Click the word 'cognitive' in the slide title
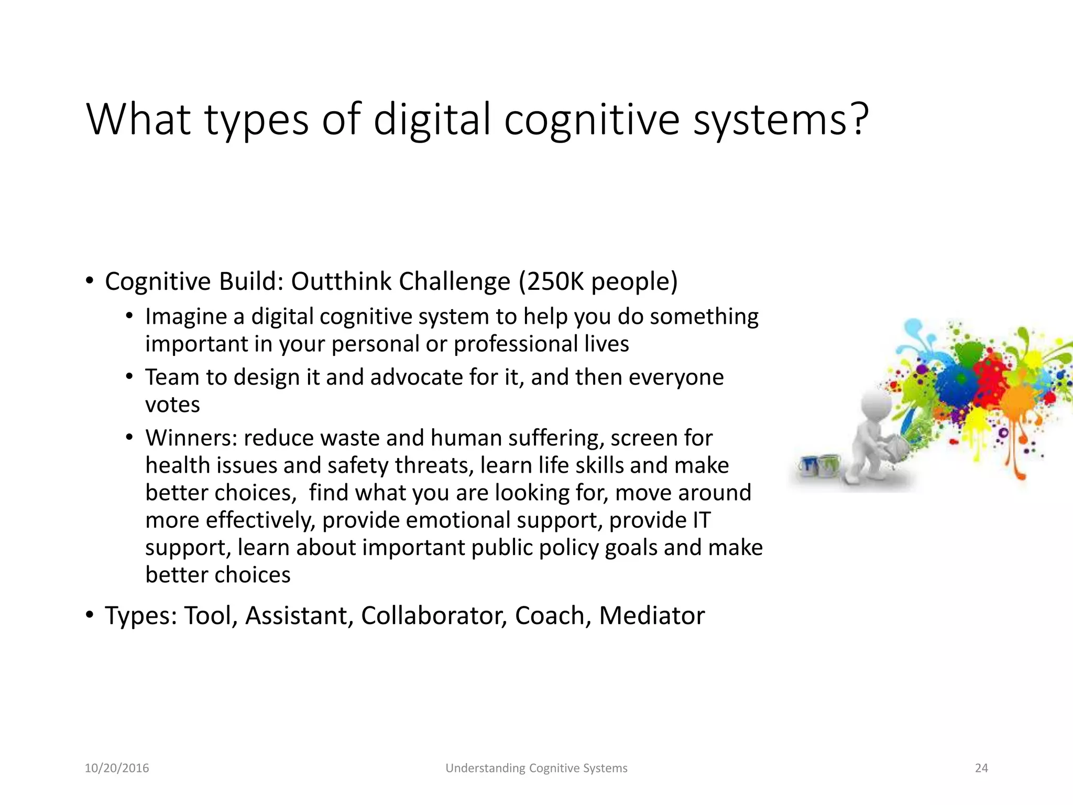pyautogui.click(x=592, y=121)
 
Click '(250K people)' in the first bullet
pyautogui.click(x=598, y=281)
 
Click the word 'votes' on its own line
pyautogui.click(x=172, y=405)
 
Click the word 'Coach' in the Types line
pyautogui.click(x=549, y=616)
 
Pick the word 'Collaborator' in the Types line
pyautogui.click(x=433, y=616)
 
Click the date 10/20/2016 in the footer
pyautogui.click(x=117, y=768)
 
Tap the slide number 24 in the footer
pyautogui.click(x=981, y=768)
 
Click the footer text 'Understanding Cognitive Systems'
pyautogui.click(x=536, y=768)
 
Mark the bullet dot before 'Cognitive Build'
pyautogui.click(x=90, y=281)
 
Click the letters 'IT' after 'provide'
pyautogui.click(x=702, y=520)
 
